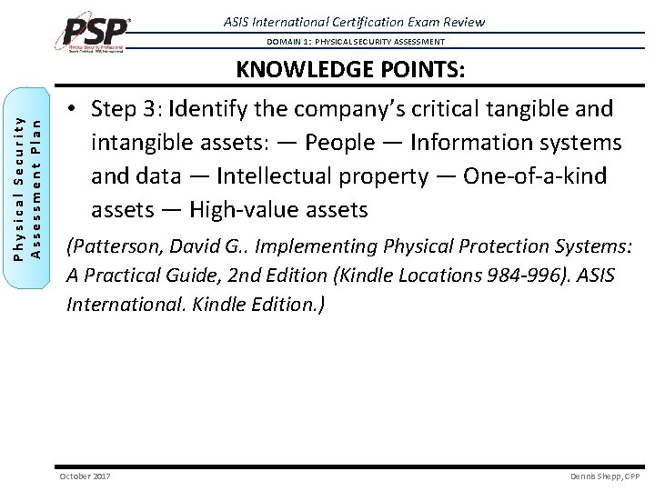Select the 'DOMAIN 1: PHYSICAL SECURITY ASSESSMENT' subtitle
click(356, 42)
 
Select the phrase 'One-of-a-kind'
click(535, 176)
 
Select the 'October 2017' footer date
click(84, 476)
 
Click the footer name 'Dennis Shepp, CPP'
click(604, 476)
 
